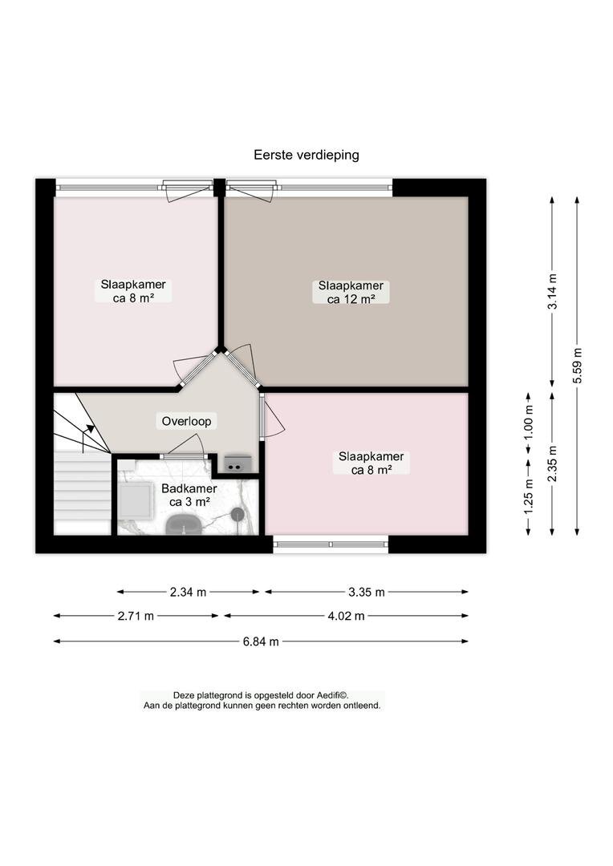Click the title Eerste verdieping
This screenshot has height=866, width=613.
(306, 155)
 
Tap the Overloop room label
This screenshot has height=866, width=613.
(186, 422)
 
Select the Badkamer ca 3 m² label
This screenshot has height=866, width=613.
(189, 496)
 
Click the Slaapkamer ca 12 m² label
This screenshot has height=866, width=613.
(351, 292)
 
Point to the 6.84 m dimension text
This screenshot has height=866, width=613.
(260, 641)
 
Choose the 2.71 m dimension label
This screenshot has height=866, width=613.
(136, 616)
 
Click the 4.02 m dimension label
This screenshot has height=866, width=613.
(346, 616)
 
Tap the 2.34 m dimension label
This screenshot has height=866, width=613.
(188, 592)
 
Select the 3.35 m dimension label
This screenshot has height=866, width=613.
(367, 592)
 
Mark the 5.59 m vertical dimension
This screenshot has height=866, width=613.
(577, 366)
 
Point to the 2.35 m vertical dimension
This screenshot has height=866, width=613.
(552, 463)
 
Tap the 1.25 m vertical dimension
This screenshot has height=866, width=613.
(529, 496)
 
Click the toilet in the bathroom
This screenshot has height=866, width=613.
(185, 524)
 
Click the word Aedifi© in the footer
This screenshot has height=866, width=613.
(332, 695)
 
